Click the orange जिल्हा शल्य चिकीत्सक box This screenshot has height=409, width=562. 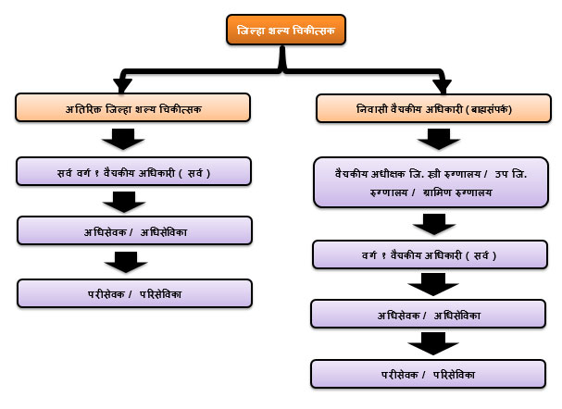(x=285, y=30)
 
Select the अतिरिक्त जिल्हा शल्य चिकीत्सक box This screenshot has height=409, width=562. (x=134, y=107)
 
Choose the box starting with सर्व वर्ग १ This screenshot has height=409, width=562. (x=134, y=171)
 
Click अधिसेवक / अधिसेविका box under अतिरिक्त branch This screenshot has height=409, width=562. (x=134, y=230)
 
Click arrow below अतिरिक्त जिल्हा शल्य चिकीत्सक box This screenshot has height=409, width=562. (x=123, y=140)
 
